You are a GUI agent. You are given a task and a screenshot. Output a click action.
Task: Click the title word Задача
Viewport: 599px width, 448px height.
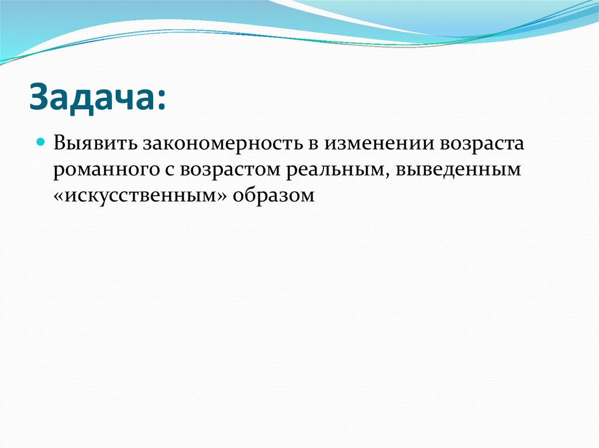click(93, 97)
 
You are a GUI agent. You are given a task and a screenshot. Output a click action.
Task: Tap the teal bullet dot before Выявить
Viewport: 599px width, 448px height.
click(41, 141)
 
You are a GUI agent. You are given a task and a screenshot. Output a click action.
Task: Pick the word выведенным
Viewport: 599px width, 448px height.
click(457, 170)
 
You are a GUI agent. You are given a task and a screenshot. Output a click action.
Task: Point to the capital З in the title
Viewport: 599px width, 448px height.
click(39, 97)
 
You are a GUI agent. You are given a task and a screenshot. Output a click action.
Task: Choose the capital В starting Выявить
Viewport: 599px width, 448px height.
click(60, 144)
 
